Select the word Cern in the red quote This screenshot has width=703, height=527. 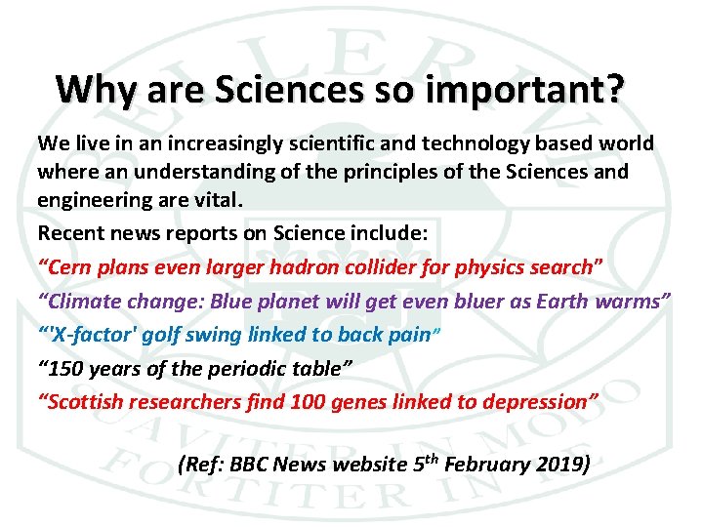click(69, 266)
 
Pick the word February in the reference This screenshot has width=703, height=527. click(487, 464)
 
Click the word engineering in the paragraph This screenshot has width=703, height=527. click(94, 199)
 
